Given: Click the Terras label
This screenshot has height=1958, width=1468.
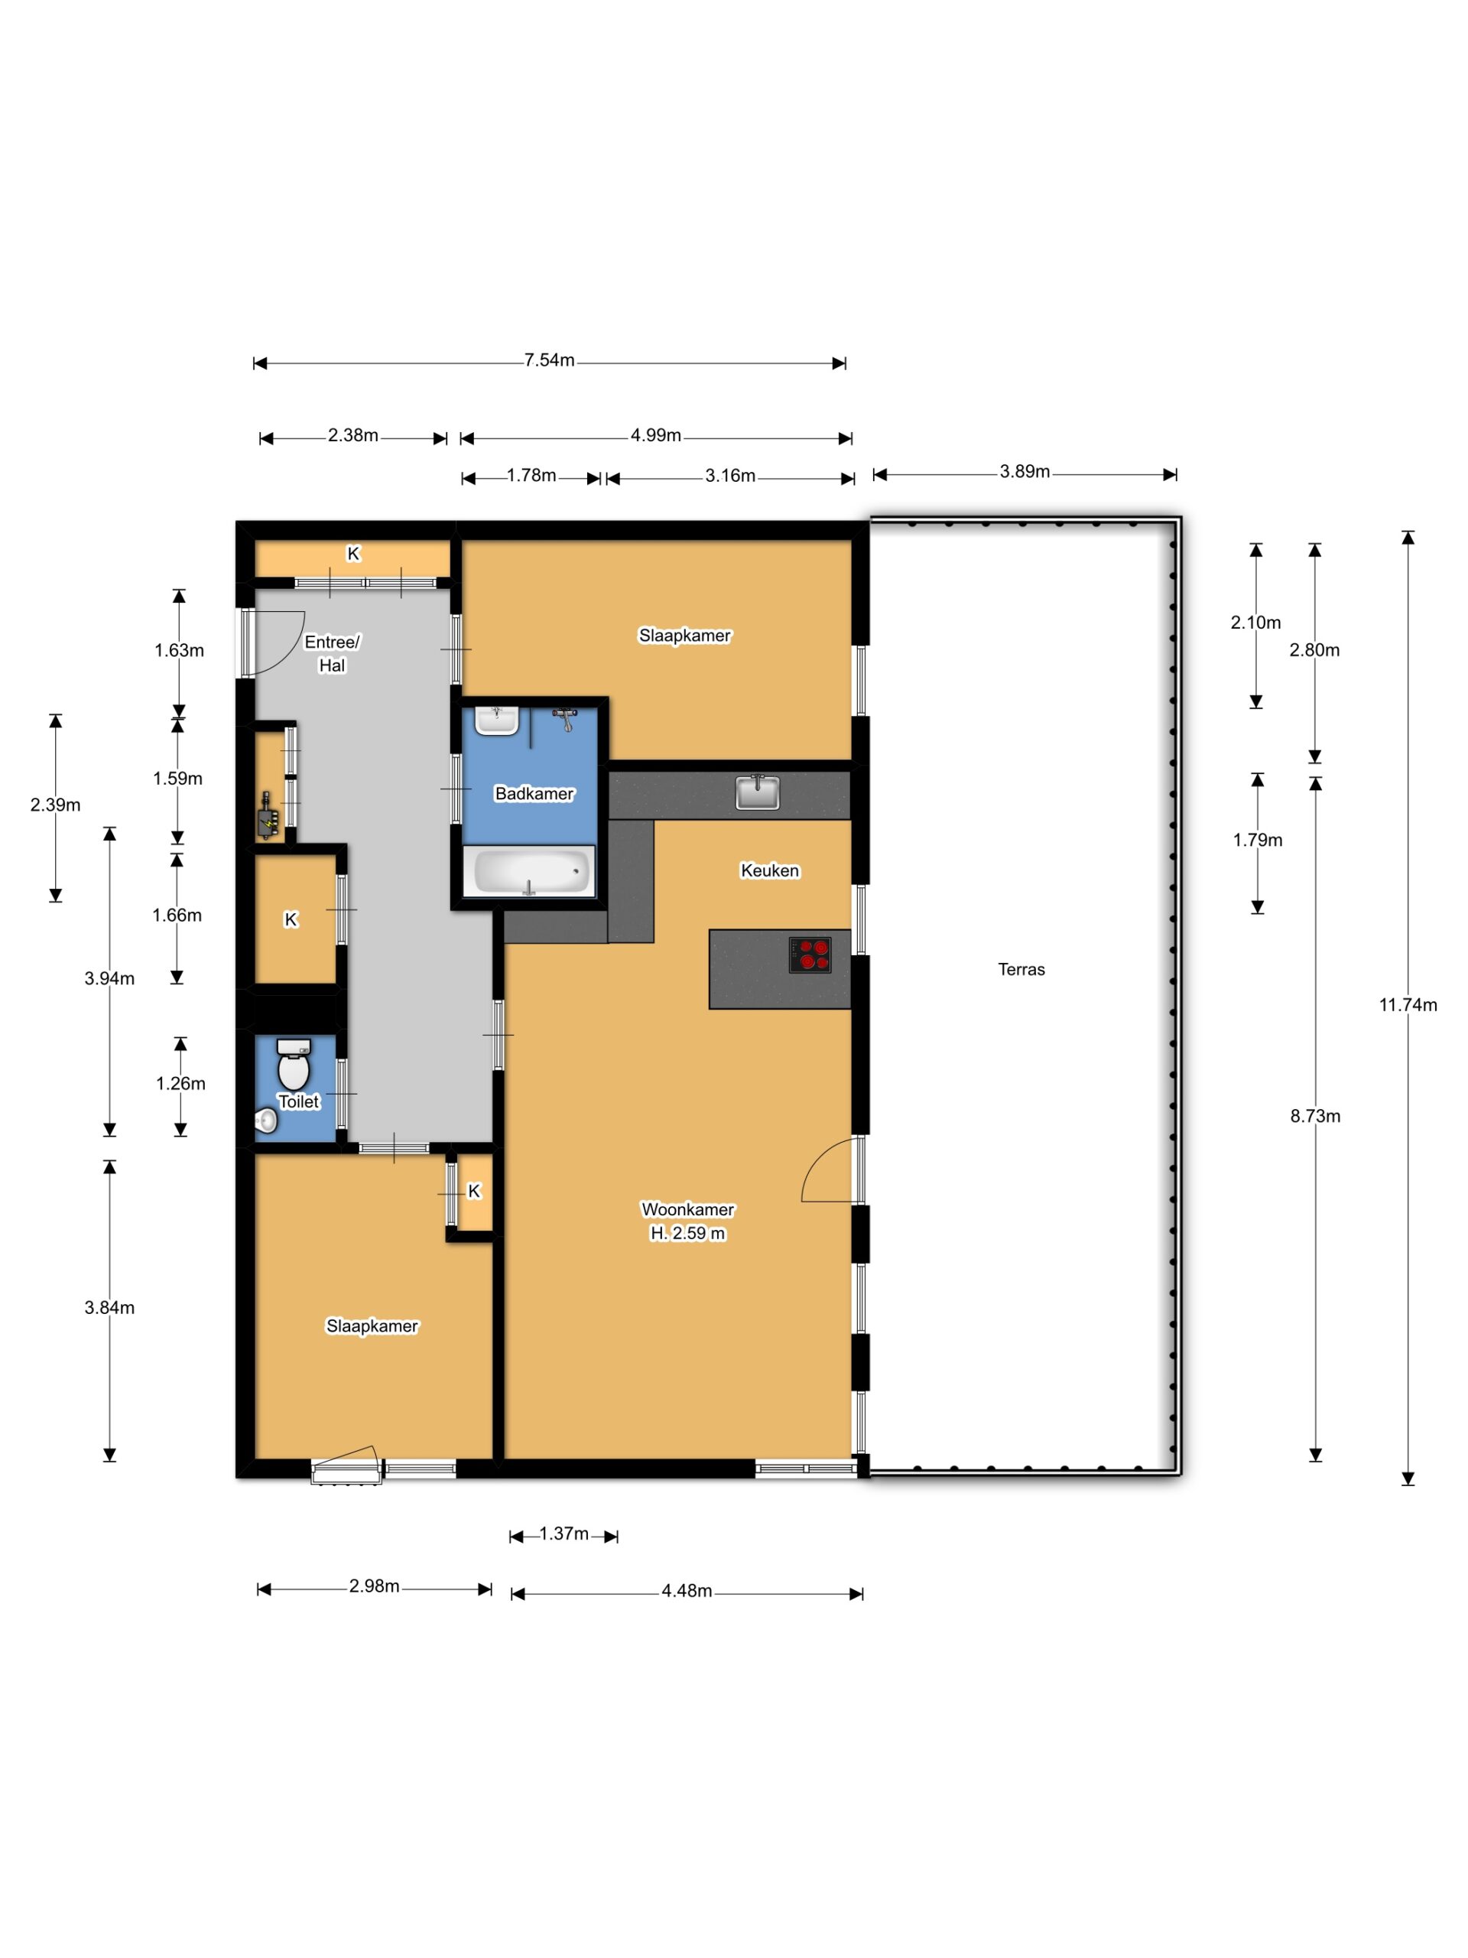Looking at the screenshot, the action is [1021, 969].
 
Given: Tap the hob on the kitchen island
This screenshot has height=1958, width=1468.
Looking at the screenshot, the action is [809, 955].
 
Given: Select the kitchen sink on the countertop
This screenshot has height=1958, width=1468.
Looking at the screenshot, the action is [758, 792].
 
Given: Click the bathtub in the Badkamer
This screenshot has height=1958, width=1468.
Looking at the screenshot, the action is [529, 871].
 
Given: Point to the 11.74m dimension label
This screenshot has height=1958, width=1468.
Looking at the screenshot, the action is [1408, 1005].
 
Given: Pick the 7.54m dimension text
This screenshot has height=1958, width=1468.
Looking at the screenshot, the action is [549, 360].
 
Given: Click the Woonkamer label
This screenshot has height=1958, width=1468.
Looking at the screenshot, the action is [687, 1209].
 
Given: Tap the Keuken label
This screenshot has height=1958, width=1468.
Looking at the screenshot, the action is [770, 870].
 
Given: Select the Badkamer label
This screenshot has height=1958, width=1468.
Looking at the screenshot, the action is [534, 793].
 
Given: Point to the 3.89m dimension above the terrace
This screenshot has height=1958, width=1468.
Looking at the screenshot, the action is [1025, 472].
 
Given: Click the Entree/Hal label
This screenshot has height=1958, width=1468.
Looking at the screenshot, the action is [332, 653].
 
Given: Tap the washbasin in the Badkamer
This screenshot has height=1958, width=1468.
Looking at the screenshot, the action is [496, 720].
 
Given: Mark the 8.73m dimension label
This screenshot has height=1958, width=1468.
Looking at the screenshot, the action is [1315, 1116].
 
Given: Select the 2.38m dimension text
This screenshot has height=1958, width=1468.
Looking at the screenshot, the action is [353, 435].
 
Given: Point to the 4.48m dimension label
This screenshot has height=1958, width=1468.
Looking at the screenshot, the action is [687, 1591].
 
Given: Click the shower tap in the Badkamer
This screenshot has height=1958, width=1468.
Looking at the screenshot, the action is [564, 719].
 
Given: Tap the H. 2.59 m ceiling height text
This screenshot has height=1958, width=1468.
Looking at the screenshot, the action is [687, 1233].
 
